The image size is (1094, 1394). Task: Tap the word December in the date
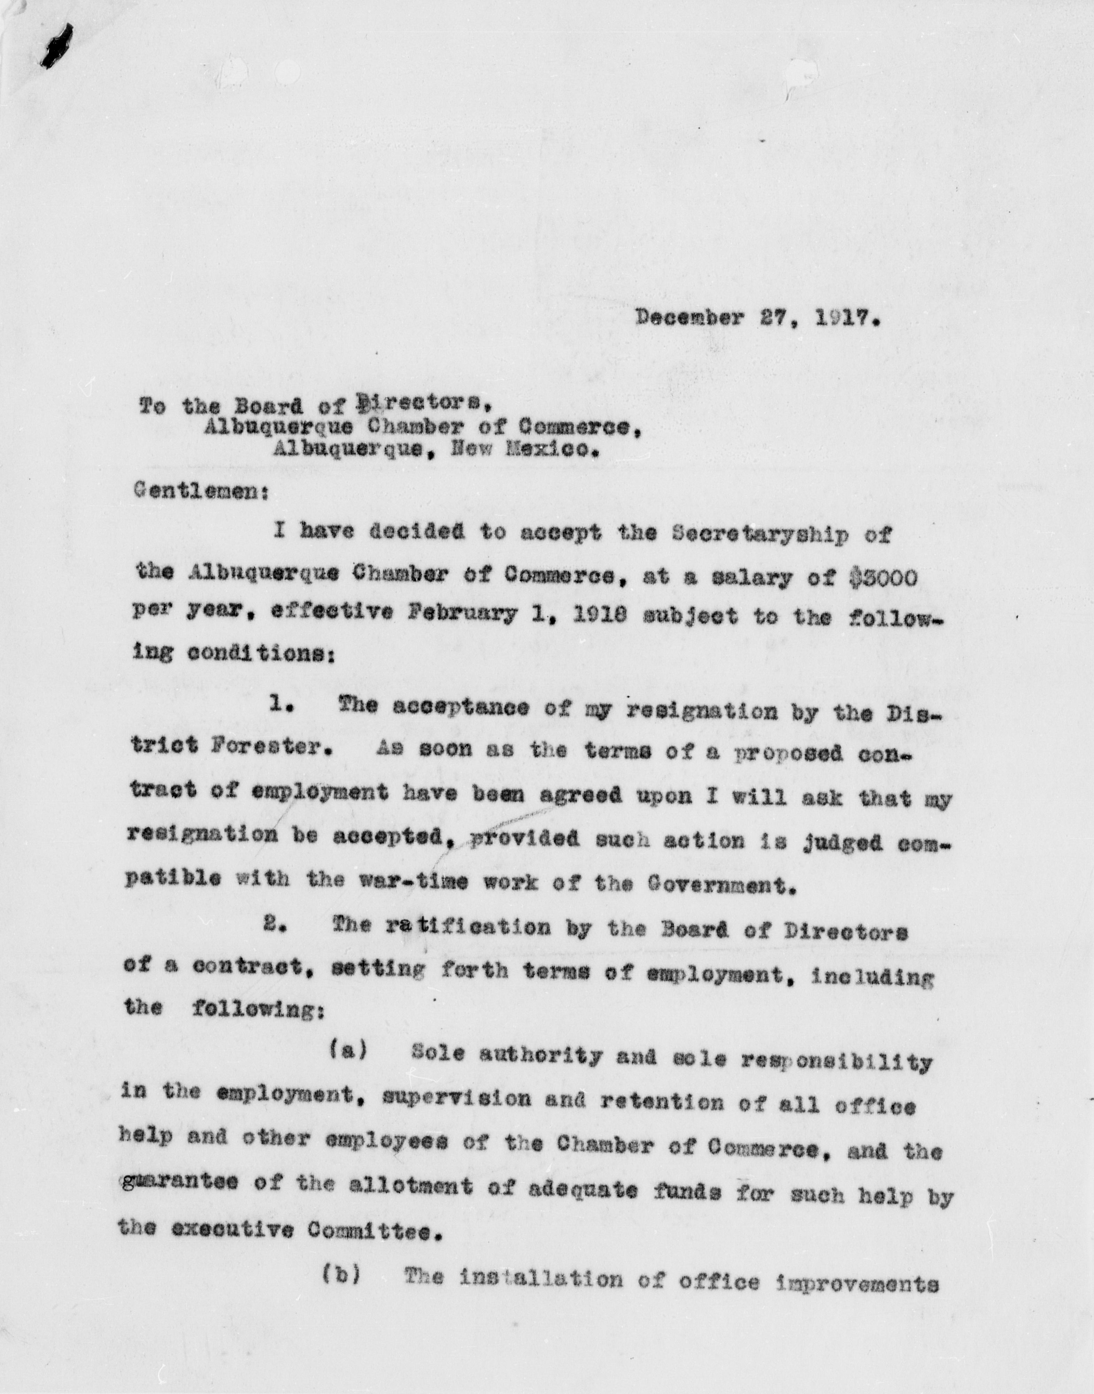click(x=688, y=318)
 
